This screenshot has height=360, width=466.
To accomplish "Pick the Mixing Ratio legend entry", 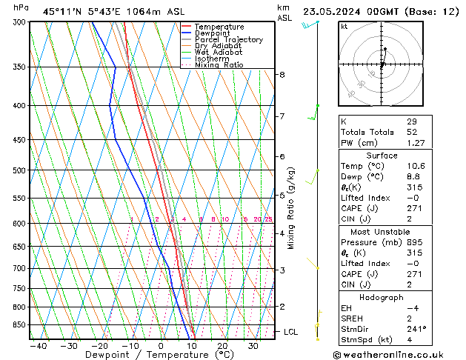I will [x=219, y=65].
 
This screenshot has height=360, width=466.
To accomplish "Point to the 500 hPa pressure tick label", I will [x=19, y=170].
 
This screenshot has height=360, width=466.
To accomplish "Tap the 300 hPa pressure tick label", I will [x=19, y=22].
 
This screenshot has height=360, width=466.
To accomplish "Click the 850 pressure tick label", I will [x=19, y=324].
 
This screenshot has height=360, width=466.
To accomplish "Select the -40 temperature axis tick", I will [x=38, y=346].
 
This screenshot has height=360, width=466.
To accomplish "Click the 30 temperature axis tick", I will [x=253, y=346].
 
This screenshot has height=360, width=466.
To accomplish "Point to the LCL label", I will [x=291, y=332].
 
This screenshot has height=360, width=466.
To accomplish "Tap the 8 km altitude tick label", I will [x=282, y=75].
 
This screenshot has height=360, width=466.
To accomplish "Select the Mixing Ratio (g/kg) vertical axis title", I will [x=291, y=207].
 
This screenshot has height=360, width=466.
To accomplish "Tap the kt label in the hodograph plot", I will [x=344, y=27].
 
